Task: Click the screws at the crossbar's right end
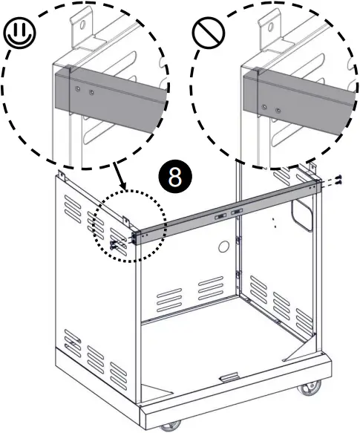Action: (x=336, y=182)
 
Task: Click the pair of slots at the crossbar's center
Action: (x=226, y=213)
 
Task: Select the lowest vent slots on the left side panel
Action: (x=73, y=342)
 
